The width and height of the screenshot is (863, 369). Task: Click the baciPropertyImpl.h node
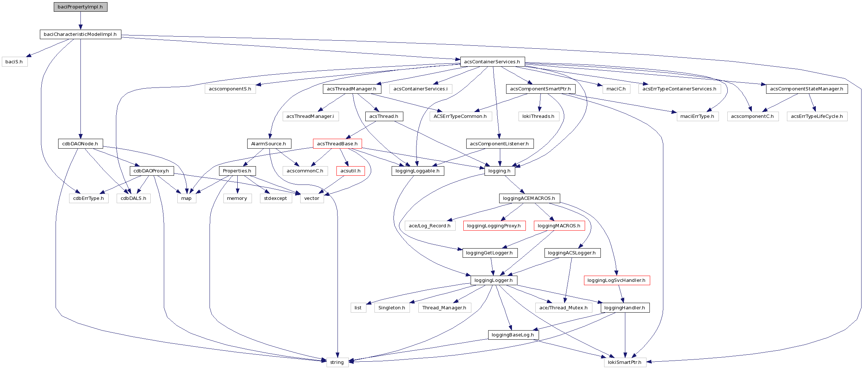pos(80,7)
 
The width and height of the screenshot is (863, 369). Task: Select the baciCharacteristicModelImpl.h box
pos(80,34)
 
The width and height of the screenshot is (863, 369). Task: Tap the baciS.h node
pos(14,62)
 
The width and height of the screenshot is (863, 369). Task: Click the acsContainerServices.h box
pos(492,61)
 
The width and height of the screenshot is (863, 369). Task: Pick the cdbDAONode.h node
pos(80,143)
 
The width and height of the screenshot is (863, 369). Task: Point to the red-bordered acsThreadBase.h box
pos(337,143)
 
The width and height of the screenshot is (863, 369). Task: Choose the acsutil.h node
pos(350,171)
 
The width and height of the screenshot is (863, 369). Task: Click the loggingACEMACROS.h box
pos(529,198)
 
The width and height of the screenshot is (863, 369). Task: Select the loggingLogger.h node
pos(494,280)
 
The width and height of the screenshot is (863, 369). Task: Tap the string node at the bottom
pos(337,362)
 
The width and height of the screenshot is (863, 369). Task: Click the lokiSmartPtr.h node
pos(625,362)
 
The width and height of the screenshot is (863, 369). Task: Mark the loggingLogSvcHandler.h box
pos(617,280)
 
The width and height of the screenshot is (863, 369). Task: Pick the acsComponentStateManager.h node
pos(806,89)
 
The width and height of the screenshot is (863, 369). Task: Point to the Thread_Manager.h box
pos(444,308)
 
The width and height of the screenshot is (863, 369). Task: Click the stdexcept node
pos(275,198)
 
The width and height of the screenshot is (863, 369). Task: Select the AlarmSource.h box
pos(269,143)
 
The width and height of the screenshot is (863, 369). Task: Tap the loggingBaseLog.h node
pos(513,335)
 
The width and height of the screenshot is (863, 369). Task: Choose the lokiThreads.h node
pos(538,116)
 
